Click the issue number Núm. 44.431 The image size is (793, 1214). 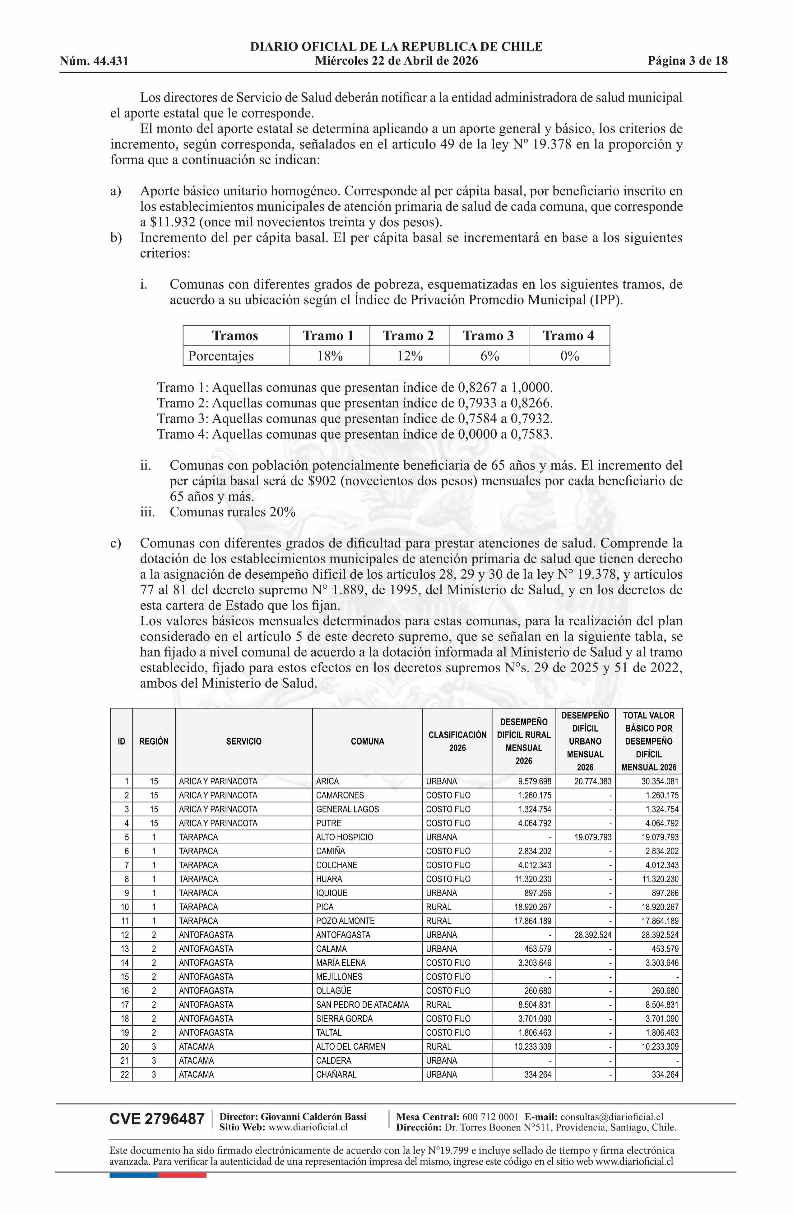(x=94, y=61)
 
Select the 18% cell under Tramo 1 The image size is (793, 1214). (x=329, y=356)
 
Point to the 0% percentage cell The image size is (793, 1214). (x=569, y=356)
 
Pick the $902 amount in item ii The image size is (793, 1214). (x=321, y=481)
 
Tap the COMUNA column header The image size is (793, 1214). (x=367, y=741)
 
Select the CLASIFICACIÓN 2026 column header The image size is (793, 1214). (x=457, y=741)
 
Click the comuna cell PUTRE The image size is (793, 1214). (x=329, y=823)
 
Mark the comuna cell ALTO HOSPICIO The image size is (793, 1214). (x=345, y=837)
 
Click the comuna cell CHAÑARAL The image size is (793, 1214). (x=336, y=1074)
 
